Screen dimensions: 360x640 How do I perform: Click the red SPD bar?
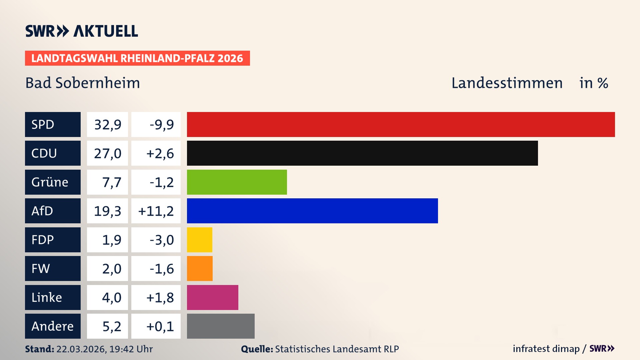pyautogui.click(x=401, y=124)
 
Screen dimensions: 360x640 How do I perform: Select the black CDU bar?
pyautogui.click(x=362, y=153)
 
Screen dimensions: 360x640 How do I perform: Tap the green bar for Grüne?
pyautogui.click(x=237, y=182)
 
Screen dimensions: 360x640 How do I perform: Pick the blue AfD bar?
pyautogui.click(x=312, y=211)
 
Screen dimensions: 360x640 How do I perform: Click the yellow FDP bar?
pyautogui.click(x=199, y=240)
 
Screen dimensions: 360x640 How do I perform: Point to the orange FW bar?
pyautogui.click(x=200, y=268)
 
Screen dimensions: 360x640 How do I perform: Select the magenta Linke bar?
pyautogui.click(x=212, y=297)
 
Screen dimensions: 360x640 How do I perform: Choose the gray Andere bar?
pyautogui.click(x=221, y=326)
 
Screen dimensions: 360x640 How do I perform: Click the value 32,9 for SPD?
pyautogui.click(x=107, y=124)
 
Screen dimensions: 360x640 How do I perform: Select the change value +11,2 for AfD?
pyautogui.click(x=156, y=211)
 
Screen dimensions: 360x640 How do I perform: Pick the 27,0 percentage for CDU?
pyautogui.click(x=107, y=153)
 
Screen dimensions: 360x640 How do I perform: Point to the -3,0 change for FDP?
pyautogui.click(x=161, y=240)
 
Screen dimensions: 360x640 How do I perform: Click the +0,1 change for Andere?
pyautogui.click(x=160, y=326)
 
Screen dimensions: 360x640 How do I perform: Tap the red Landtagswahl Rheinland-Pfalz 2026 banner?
pyautogui.click(x=137, y=58)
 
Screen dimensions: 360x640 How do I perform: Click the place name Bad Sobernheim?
pyautogui.click(x=82, y=83)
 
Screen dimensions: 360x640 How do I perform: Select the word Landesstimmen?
pyautogui.click(x=507, y=83)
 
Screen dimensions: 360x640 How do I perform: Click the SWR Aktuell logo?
pyautogui.click(x=81, y=31)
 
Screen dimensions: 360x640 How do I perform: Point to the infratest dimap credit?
pyautogui.click(x=546, y=349)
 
